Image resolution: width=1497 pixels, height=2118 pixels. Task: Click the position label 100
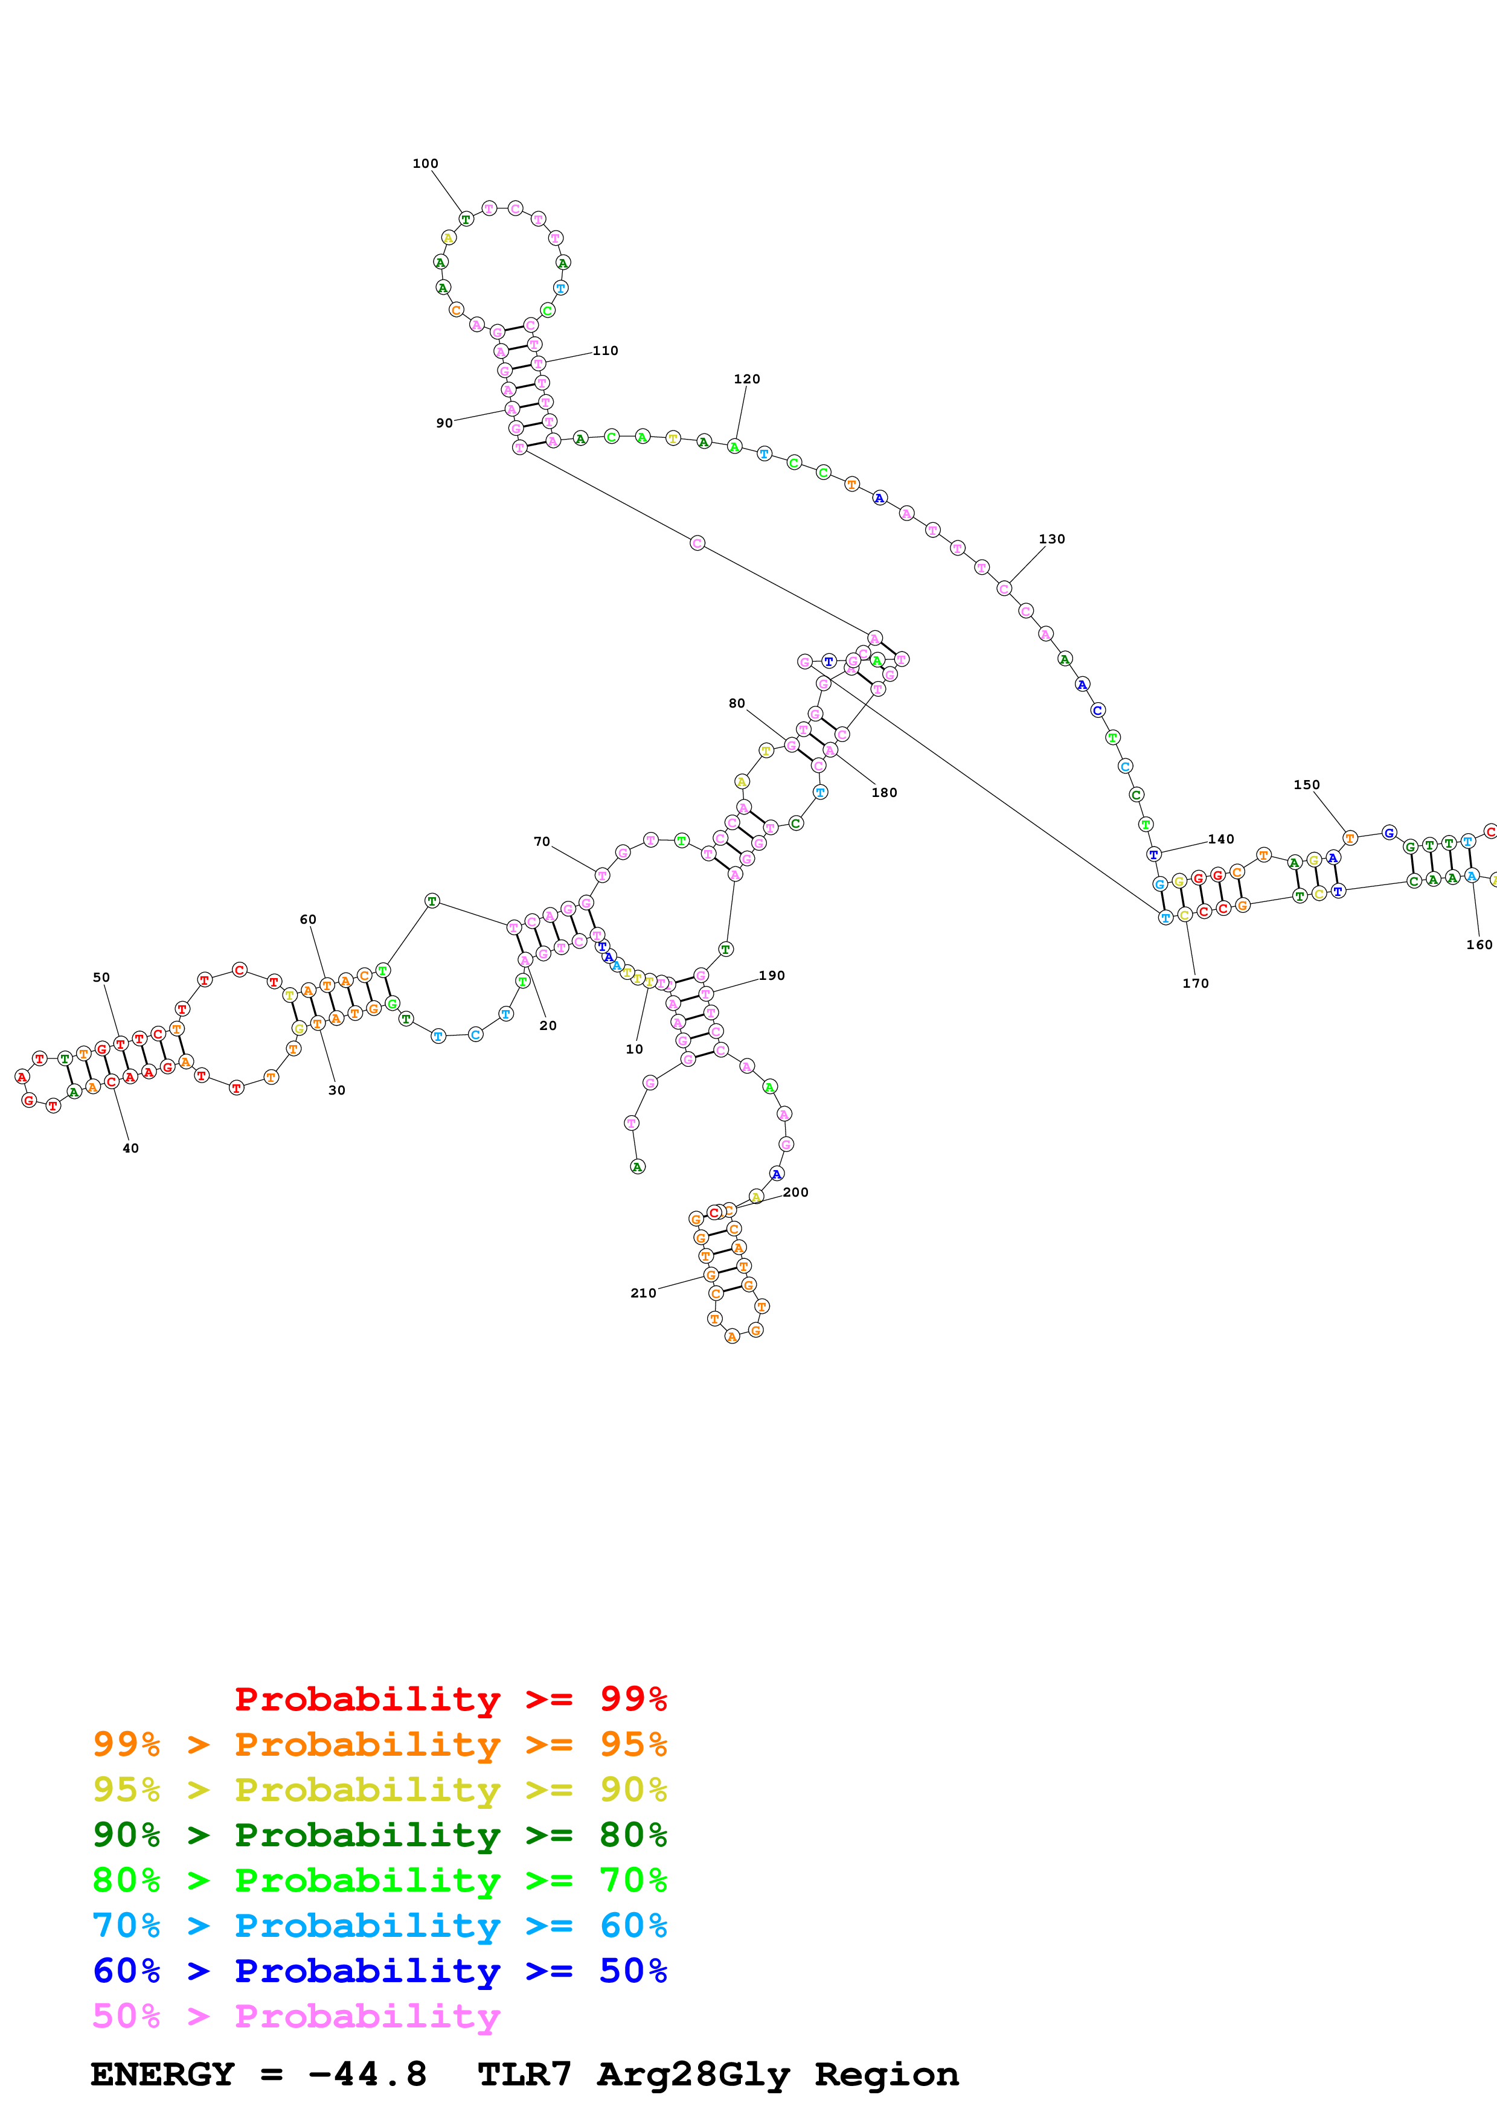tap(425, 163)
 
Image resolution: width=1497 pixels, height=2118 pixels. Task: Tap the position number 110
tap(605, 351)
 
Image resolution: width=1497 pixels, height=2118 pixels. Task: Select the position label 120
tap(746, 379)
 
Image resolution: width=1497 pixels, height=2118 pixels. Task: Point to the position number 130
tap(1051, 539)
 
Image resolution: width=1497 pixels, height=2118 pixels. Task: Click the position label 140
tap(1220, 839)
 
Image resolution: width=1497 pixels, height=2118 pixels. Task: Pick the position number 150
tap(1306, 785)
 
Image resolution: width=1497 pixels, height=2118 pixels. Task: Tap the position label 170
tap(1196, 984)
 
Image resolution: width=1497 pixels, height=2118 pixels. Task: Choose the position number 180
tap(883, 792)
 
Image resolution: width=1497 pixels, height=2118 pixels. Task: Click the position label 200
tap(795, 1192)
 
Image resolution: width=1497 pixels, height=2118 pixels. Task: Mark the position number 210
tap(643, 1293)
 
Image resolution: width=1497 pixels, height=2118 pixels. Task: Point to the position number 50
tap(101, 977)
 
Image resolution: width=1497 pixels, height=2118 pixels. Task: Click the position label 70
tap(542, 841)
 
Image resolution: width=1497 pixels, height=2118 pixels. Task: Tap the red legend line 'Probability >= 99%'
tap(450, 1699)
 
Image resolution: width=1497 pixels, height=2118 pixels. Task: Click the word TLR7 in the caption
tap(524, 2074)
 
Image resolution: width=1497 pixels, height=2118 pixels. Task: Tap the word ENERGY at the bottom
tap(162, 2074)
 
